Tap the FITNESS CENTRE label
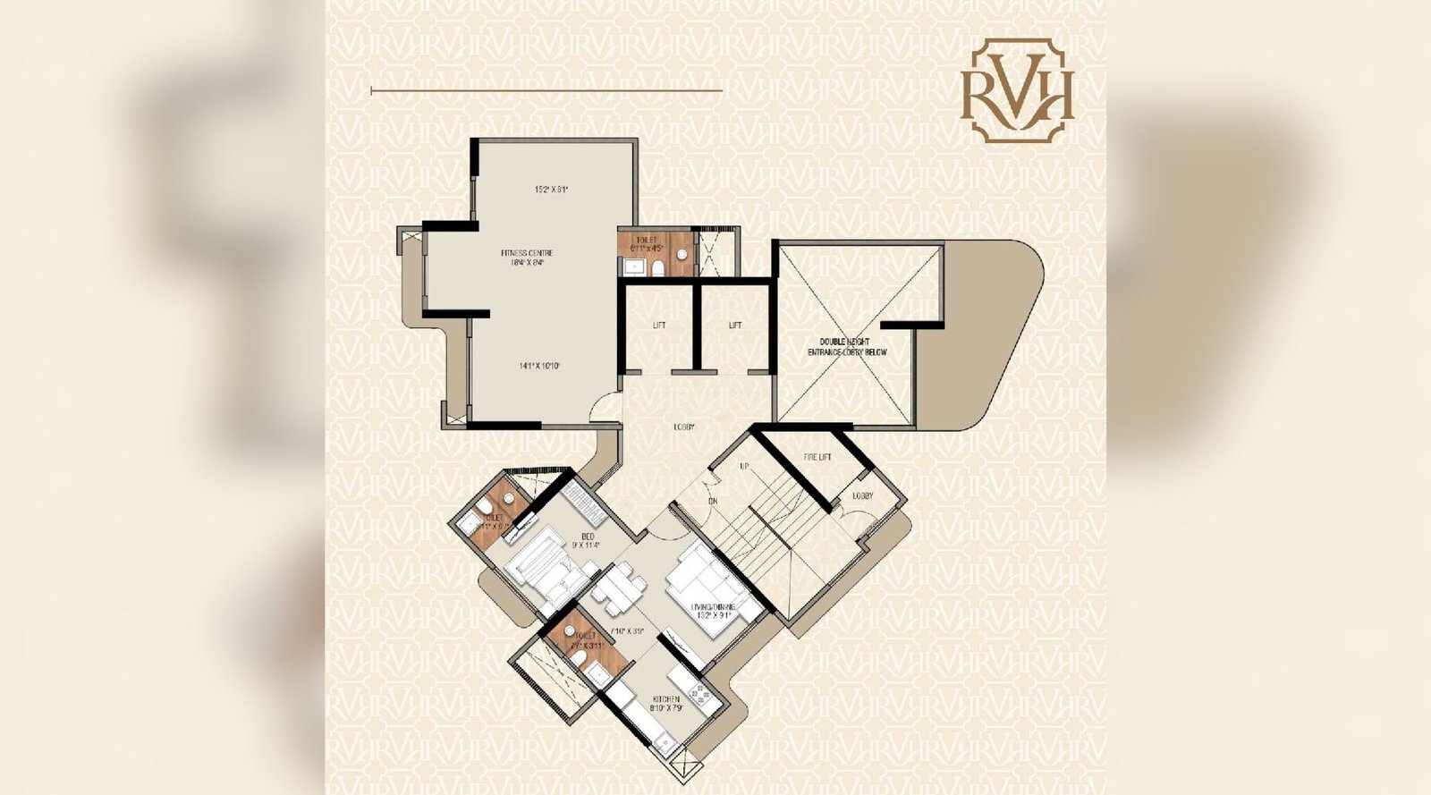click(527, 258)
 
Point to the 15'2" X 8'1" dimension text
click(552, 189)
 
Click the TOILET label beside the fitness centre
click(646, 241)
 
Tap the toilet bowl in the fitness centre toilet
click(657, 266)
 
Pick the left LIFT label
click(659, 326)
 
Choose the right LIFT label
click(735, 326)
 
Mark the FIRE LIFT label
click(817, 458)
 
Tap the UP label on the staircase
click(744, 467)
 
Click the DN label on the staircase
click(713, 502)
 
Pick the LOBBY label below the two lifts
click(684, 427)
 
